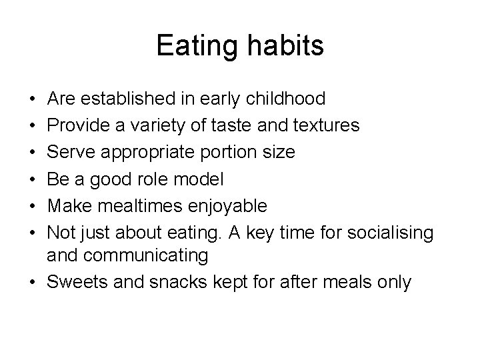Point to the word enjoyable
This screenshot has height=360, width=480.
[x=228, y=205]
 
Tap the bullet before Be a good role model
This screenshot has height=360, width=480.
[x=33, y=179]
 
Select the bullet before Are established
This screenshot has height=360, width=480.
[x=33, y=100]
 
